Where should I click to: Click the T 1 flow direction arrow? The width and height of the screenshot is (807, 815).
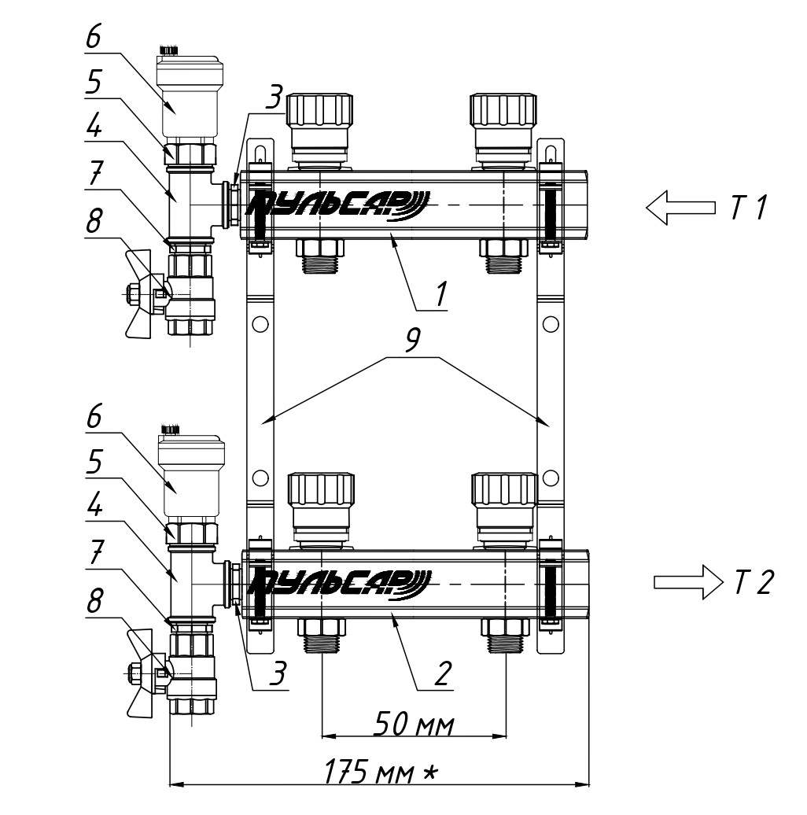pyautogui.click(x=680, y=208)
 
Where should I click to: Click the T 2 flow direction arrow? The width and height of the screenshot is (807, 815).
pyautogui.click(x=688, y=582)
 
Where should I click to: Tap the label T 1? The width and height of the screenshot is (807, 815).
pyautogui.click(x=749, y=207)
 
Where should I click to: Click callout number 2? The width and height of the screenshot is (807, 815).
pyautogui.click(x=444, y=673)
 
